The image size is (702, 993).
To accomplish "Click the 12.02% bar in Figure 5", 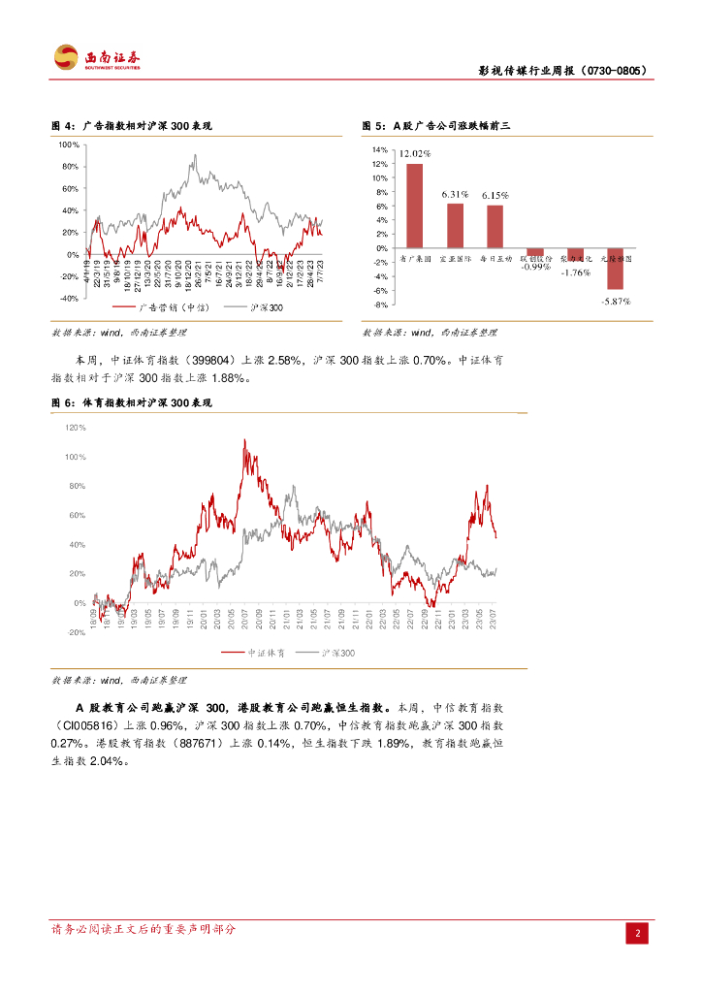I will click(414, 206).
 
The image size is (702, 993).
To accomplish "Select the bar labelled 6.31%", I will click(455, 225).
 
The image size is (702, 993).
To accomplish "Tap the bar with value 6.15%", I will click(495, 226).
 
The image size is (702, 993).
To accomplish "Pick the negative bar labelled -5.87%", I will click(615, 269).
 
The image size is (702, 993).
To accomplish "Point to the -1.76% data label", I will click(575, 272).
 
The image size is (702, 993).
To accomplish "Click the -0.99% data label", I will click(534, 267).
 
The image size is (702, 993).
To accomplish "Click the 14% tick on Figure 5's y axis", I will click(380, 150).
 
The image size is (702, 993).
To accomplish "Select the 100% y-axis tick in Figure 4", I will click(68, 144).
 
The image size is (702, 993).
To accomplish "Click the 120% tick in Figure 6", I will click(75, 427).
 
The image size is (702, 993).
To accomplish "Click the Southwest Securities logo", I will click(97, 58).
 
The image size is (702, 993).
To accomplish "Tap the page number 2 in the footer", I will click(638, 933).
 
